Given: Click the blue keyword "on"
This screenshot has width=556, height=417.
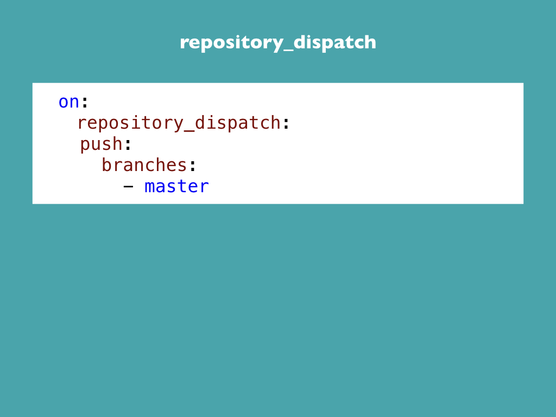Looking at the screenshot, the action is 69,102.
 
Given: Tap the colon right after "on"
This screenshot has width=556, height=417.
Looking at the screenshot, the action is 85,103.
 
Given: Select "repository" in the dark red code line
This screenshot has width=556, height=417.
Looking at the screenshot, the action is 130,123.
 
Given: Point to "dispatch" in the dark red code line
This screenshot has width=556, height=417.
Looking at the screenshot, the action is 238,123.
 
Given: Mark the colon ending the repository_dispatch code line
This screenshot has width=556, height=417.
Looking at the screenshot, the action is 286,123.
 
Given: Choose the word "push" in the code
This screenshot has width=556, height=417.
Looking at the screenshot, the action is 102,144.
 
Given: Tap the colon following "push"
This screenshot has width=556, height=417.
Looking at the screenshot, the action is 128,144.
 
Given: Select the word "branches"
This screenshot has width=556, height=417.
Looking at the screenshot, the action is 144,165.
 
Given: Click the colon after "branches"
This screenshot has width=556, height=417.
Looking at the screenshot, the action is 193,166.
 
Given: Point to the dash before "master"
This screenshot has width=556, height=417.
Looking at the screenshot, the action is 128,187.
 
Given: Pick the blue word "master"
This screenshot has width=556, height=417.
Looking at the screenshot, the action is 176,187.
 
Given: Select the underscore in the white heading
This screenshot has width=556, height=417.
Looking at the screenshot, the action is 288,51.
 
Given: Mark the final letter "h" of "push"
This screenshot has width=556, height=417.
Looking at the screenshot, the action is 118,143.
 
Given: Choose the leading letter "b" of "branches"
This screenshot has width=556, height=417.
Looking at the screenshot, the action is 107,165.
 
